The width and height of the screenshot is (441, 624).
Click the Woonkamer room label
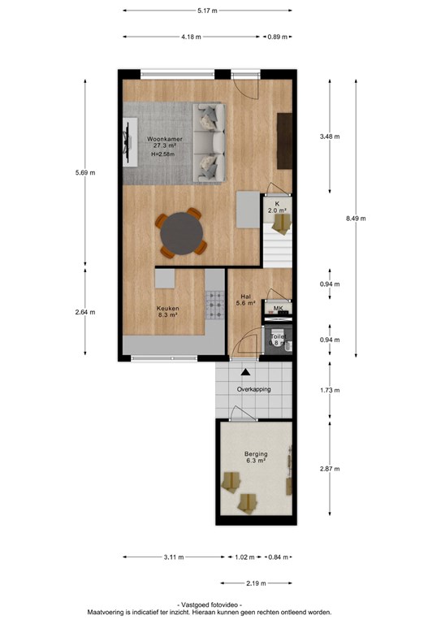tap(165, 139)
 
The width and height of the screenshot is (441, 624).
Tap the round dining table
tap(181, 234)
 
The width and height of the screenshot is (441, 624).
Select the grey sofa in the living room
tap(210, 143)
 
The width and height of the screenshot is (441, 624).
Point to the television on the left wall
tap(128, 142)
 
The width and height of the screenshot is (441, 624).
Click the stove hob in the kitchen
tap(215, 305)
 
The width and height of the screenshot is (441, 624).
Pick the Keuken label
tap(168, 309)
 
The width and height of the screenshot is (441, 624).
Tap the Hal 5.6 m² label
tap(246, 300)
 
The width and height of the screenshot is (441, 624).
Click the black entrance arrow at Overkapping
tap(246, 372)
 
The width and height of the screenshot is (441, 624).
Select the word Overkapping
tap(253, 389)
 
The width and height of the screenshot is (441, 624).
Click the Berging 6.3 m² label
tap(256, 457)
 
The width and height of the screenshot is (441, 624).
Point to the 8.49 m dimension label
tap(356, 218)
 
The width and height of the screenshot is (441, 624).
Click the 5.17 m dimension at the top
tap(207, 11)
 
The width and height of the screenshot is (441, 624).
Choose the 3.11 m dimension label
tap(174, 557)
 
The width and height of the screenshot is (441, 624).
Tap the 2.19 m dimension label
tap(256, 583)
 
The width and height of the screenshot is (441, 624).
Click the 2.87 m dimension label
tap(330, 469)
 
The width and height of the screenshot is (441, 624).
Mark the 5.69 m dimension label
tap(85, 173)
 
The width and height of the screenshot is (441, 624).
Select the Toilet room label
tap(278, 336)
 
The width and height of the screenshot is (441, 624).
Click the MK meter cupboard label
tap(278, 309)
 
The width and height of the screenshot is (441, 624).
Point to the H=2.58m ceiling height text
tap(162, 154)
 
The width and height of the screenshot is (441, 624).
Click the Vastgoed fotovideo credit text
tap(209, 604)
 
